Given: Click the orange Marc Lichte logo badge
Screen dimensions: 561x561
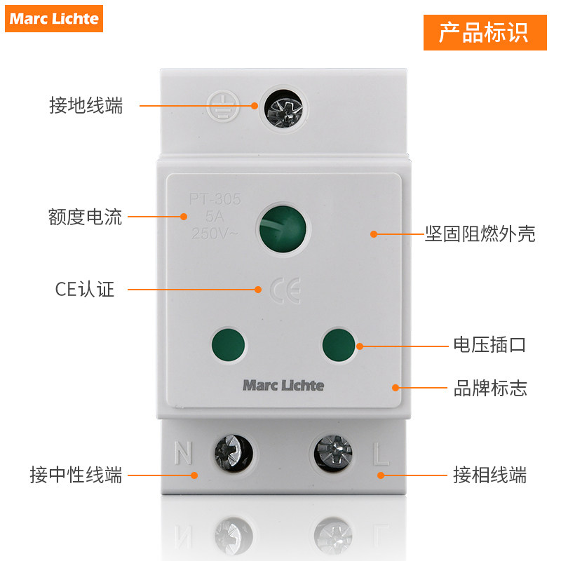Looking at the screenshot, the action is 55,18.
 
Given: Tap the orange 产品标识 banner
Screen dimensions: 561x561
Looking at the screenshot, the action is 484,32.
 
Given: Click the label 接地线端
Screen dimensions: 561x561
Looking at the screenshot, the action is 86,106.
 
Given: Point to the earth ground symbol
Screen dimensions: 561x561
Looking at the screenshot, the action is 224,107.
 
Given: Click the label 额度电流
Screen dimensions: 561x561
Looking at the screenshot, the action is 86,217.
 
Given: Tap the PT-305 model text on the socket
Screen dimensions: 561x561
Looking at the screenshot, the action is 215,200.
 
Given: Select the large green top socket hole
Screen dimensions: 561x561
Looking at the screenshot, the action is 284,229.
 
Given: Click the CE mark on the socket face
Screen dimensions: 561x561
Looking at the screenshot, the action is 285,290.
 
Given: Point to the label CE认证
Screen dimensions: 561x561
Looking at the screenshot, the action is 84,290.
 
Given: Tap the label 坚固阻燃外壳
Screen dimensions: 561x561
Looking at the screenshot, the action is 480,234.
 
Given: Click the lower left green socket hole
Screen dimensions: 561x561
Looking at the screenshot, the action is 229,344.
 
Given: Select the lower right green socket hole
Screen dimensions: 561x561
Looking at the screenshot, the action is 339,344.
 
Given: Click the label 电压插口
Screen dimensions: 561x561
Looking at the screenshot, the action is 489,345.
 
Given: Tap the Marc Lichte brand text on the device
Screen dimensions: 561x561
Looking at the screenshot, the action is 283,385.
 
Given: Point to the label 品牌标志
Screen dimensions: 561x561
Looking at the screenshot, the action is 489,388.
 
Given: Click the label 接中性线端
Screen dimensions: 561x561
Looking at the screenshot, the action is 76,475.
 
